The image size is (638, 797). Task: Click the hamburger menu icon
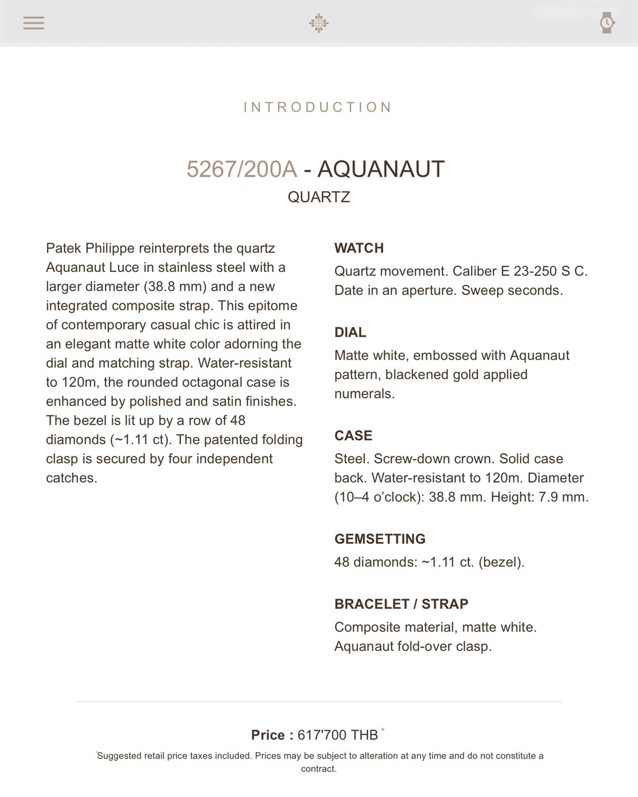[33, 23]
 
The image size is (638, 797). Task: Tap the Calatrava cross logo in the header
[318, 23]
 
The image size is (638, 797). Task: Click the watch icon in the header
[606, 23]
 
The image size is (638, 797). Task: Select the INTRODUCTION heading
[318, 107]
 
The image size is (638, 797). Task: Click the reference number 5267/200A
[242, 169]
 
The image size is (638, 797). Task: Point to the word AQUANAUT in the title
[381, 169]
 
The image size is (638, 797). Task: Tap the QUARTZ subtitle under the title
[318, 197]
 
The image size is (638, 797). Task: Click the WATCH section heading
[359, 248]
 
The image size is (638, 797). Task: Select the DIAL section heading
[350, 332]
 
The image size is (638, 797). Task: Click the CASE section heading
[354, 435]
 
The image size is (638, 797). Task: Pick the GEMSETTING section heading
[380, 539]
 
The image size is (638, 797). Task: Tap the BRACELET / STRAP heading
[401, 604]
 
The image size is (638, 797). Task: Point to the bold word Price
[268, 735]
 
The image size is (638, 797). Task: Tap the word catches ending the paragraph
[71, 478]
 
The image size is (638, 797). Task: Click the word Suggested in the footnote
[119, 756]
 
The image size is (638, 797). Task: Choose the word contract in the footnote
[318, 769]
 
